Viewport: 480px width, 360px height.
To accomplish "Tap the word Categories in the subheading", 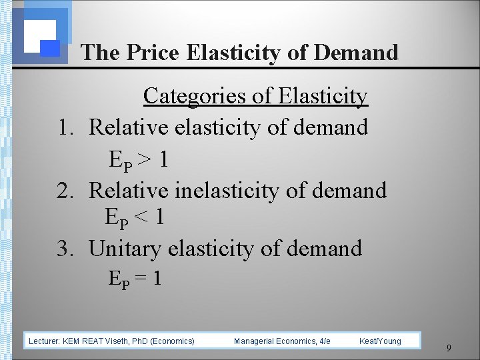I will tap(195, 96).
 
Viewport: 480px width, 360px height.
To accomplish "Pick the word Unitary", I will tap(125, 249).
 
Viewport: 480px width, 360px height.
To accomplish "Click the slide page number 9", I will tap(449, 347).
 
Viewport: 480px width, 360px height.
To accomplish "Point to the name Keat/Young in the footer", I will tap(380, 341).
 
